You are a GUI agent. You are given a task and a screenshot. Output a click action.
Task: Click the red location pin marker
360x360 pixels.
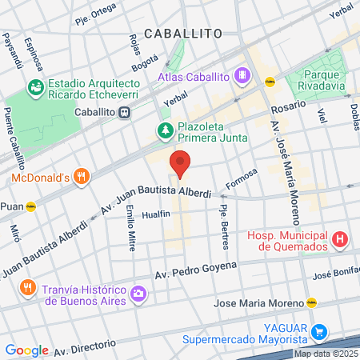pos(180,163)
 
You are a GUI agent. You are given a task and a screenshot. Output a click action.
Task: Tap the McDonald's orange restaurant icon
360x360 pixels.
pos(80,176)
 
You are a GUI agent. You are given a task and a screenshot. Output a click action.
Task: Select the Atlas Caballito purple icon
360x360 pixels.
pos(244,77)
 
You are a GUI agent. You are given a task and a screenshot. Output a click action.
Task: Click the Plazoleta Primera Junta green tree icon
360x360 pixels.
pos(164,130)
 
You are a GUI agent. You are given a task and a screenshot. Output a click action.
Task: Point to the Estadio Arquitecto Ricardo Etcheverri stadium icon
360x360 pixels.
pos(35,86)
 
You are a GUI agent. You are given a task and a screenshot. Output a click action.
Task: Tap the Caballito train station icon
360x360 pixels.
pos(124,113)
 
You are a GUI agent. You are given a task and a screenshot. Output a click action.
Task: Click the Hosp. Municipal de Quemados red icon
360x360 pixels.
pos(340,238)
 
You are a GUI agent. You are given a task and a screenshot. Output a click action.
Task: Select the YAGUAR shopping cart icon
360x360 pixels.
pos(319,331)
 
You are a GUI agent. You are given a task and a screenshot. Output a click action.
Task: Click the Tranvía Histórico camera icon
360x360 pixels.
pos(138,294)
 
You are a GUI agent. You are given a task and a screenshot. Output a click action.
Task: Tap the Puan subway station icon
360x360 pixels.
pos(30,206)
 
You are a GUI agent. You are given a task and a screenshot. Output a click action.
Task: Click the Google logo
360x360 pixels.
pos(26,350)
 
